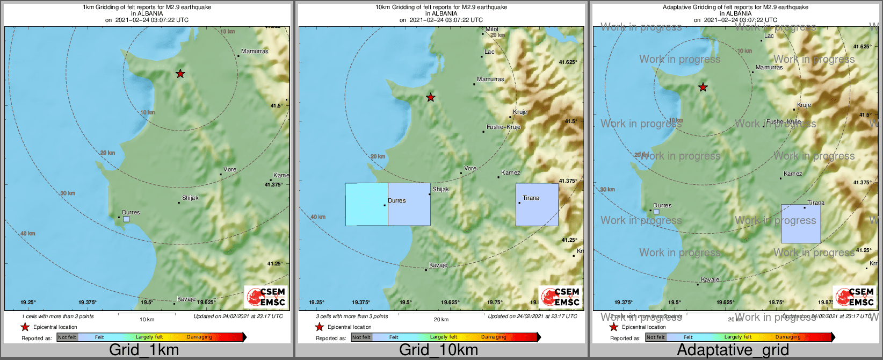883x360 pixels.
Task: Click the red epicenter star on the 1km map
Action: pyautogui.click(x=180, y=74)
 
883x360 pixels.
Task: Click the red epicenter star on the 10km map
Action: pyautogui.click(x=431, y=97)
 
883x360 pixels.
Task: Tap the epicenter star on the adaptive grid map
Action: pyautogui.click(x=703, y=87)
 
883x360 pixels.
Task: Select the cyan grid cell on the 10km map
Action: pyautogui.click(x=366, y=204)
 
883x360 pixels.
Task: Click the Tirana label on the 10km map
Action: pyautogui.click(x=531, y=198)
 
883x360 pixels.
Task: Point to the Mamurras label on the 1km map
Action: pyautogui.click(x=255, y=52)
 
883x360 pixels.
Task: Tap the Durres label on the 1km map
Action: pyautogui.click(x=131, y=212)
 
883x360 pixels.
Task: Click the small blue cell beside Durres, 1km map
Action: pyautogui.click(x=126, y=219)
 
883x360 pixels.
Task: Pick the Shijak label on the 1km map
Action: pyautogui.click(x=190, y=198)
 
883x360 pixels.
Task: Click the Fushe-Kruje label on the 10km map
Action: pyautogui.click(x=503, y=127)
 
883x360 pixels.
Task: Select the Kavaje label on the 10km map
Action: pyautogui.click(x=438, y=265)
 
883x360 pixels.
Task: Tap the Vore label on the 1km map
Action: pyautogui.click(x=230, y=169)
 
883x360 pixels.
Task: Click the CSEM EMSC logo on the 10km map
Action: pyautogui.click(x=560, y=297)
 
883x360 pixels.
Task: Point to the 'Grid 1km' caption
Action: pyautogui.click(x=144, y=350)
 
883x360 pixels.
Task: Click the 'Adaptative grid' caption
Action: pyautogui.click(x=733, y=350)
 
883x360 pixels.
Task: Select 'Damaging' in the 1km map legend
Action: pyautogui.click(x=199, y=337)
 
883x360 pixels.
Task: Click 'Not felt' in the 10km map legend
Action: pyautogui.click(x=361, y=337)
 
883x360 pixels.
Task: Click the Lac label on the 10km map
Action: pyautogui.click(x=489, y=52)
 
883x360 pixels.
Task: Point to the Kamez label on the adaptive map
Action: pyautogui.click(x=793, y=174)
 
